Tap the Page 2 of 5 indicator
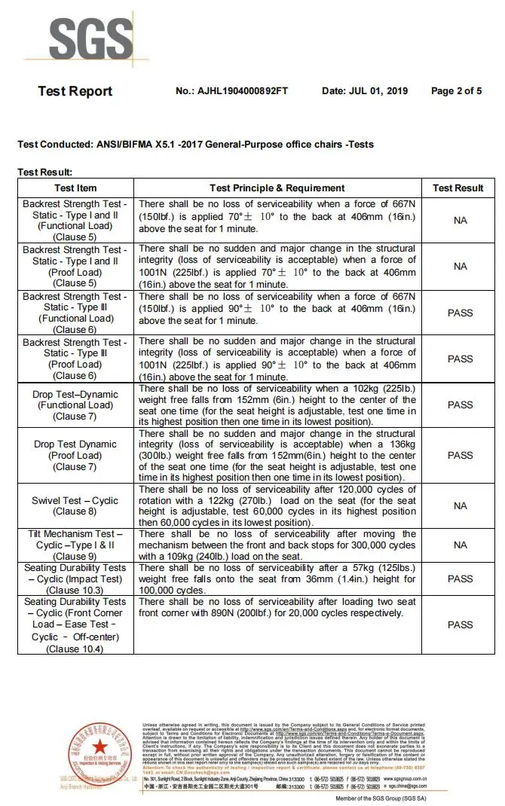(456, 91)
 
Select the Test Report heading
(75, 91)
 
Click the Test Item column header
(75, 188)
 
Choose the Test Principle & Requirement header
(277, 188)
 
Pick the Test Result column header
(458, 188)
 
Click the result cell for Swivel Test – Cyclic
(460, 505)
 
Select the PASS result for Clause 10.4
(460, 624)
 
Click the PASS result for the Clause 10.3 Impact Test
(460, 579)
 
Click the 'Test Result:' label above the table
(45, 172)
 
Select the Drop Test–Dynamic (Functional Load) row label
(75, 405)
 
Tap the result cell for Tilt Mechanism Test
(460, 545)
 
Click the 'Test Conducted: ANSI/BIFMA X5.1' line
(195, 144)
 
